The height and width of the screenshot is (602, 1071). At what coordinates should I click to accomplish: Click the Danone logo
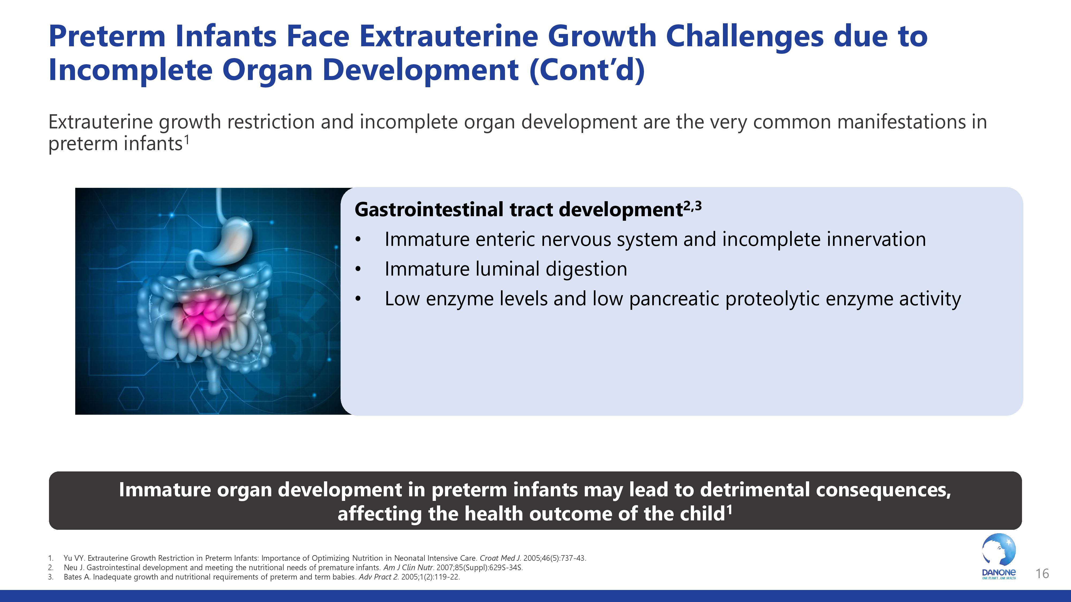pyautogui.click(x=999, y=557)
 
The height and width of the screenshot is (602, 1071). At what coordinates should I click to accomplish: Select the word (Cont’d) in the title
pyautogui.click(x=587, y=70)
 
